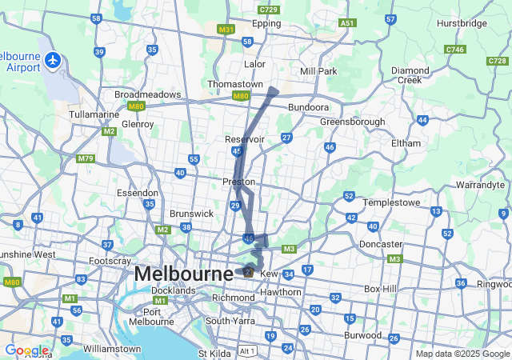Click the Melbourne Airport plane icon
(54, 59)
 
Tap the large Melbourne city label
(183, 273)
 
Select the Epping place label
(266, 24)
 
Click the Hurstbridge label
(462, 24)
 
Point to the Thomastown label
(235, 84)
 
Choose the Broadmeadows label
(148, 94)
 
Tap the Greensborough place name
(352, 122)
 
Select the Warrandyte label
(479, 185)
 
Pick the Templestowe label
(392, 202)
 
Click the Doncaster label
(381, 243)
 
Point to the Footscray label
(110, 261)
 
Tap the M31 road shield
(226, 29)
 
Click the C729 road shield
(269, 9)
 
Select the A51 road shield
(346, 24)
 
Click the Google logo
(26, 350)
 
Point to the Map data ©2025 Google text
(462, 354)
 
